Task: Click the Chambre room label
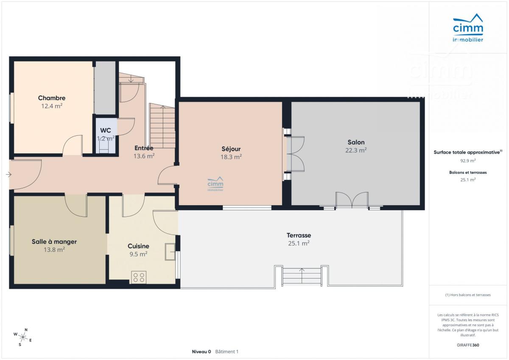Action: (x=52, y=98)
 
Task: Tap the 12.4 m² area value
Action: (x=52, y=106)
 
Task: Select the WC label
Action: (x=106, y=130)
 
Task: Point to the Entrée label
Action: (x=144, y=148)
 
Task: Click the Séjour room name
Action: (x=231, y=149)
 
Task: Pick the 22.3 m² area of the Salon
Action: (x=356, y=151)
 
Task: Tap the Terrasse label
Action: (x=299, y=235)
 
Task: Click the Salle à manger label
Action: (x=54, y=242)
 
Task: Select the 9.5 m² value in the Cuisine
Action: (x=138, y=254)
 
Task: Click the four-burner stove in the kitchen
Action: (x=139, y=277)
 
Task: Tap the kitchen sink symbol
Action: (x=170, y=251)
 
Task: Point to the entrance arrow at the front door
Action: (x=8, y=174)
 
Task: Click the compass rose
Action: (x=23, y=337)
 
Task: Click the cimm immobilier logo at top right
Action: (x=468, y=28)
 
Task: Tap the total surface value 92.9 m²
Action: (x=468, y=161)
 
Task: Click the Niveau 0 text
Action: (x=201, y=352)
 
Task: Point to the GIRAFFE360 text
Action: (x=468, y=345)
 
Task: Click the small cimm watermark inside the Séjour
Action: (x=215, y=184)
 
